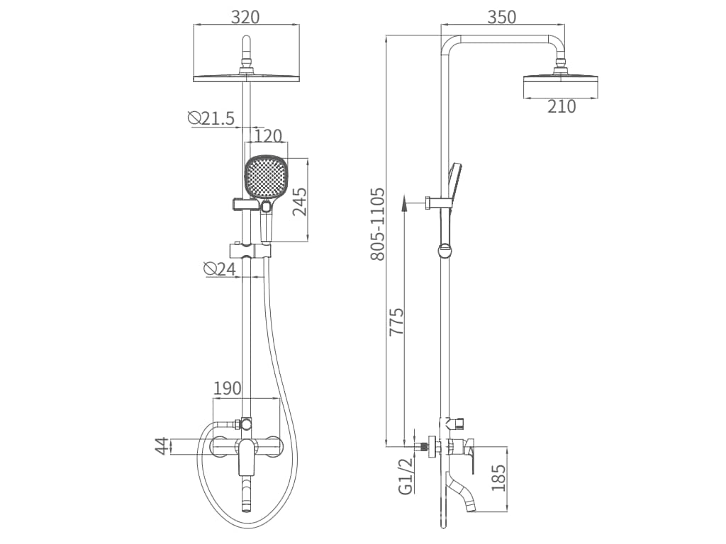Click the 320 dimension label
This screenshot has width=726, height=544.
click(246, 17)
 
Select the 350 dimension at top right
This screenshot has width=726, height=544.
click(502, 17)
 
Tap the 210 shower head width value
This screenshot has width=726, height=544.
click(561, 107)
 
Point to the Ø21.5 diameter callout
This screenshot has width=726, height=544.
click(211, 118)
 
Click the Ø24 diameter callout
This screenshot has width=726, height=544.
click(219, 268)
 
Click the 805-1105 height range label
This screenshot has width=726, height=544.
click(378, 224)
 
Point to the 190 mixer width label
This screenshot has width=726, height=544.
click(228, 388)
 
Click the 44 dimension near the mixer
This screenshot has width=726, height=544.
click(162, 446)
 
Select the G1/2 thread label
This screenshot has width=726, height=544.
click(405, 475)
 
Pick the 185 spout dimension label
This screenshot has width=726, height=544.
click(498, 479)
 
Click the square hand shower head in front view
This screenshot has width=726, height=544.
click(267, 177)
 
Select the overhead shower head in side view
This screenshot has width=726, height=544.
click(561, 85)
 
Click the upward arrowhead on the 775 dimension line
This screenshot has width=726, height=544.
click(403, 204)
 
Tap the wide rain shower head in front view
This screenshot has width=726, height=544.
click(246, 76)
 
